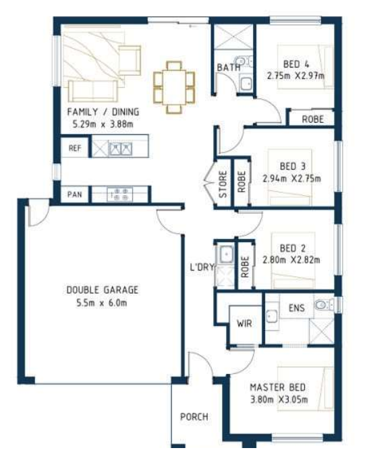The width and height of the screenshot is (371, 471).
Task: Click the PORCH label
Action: click(194, 416)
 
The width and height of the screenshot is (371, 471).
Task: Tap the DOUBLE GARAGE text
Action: click(103, 290)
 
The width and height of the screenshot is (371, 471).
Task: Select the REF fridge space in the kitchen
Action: click(75, 148)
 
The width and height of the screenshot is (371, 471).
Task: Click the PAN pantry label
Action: click(75, 194)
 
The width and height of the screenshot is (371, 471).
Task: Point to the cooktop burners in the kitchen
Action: click(120, 194)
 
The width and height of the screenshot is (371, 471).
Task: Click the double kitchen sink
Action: click(120, 148)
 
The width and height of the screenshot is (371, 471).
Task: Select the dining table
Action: click(174, 87)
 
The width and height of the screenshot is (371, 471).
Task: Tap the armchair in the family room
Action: click(130, 60)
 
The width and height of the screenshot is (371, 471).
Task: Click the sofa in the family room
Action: click(93, 91)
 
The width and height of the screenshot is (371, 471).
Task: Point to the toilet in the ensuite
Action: click(324, 305)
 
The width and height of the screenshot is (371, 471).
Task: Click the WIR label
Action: click(244, 323)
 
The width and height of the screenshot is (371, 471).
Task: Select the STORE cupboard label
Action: click(223, 184)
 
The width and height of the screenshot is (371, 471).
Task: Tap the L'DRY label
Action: click(202, 267)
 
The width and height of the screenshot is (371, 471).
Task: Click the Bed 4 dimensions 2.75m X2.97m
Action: click(295, 76)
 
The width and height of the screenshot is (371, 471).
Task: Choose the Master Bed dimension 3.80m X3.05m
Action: click(279, 399)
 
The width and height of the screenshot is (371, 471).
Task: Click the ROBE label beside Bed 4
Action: click(312, 119)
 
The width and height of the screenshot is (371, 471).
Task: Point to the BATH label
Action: click(229, 67)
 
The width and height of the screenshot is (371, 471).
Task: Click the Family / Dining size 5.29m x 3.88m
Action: click(103, 123)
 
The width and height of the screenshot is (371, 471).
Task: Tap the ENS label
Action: click(297, 308)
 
